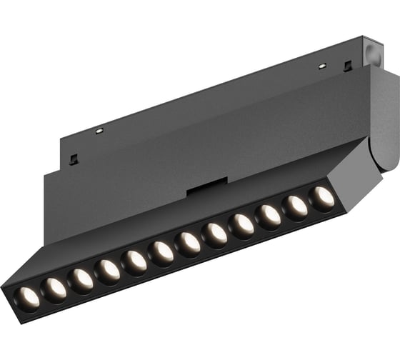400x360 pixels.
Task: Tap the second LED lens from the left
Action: (54, 288)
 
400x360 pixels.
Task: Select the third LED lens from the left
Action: (81, 279)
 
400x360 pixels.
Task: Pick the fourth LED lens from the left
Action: (108, 271)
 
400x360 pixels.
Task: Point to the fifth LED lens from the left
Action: (134, 261)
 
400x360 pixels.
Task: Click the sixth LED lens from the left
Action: (161, 253)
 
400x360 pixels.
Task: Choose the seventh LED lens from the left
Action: (188, 244)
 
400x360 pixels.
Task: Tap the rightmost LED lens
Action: (321, 197)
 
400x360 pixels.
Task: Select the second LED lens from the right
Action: (295, 206)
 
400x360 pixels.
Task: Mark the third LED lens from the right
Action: (269, 215)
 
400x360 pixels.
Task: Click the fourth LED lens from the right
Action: (241, 224)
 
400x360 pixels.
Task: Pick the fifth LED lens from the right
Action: (215, 234)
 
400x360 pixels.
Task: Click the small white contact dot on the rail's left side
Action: (99, 131)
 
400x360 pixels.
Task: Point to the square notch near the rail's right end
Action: (347, 66)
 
